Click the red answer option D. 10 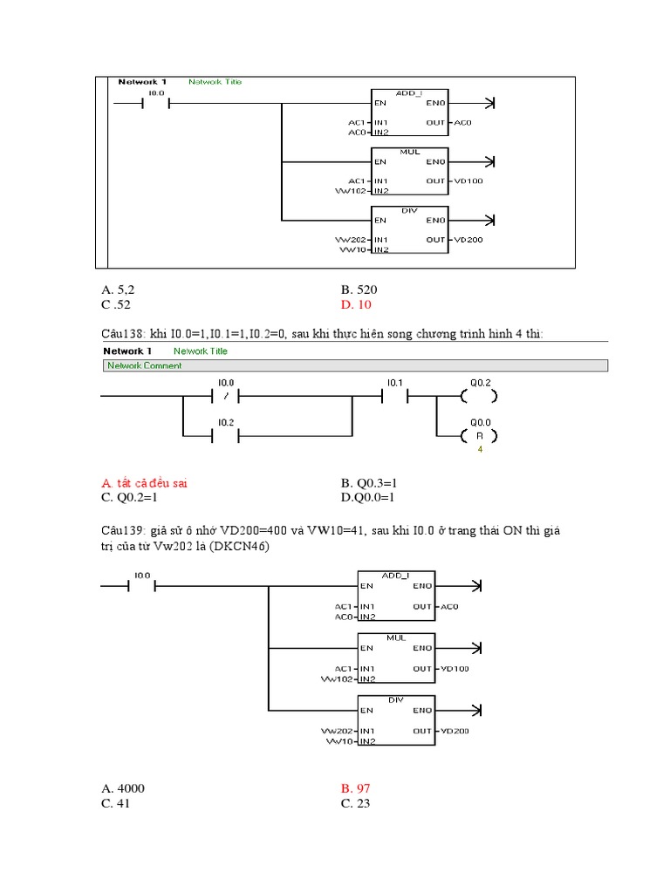(x=356, y=303)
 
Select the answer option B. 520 (x=359, y=289)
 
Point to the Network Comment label (x=144, y=366)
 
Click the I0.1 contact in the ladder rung (x=394, y=397)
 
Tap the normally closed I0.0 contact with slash (x=225, y=397)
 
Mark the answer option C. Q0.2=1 (x=131, y=497)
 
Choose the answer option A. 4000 (x=123, y=788)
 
